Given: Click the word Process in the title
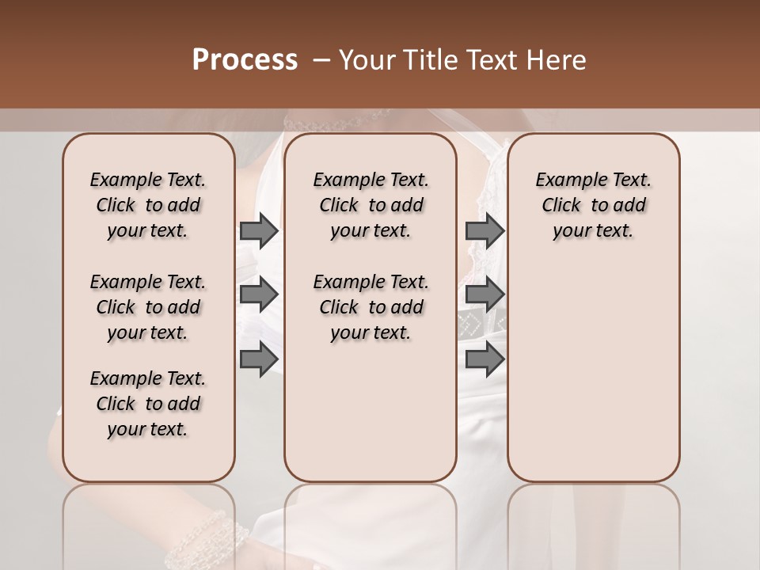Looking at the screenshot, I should [245, 60].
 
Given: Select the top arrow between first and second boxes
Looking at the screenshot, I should [258, 230].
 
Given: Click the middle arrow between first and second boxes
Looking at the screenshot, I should [258, 294].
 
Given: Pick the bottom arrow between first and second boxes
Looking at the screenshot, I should [258, 359].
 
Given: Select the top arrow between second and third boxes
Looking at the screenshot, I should [484, 230].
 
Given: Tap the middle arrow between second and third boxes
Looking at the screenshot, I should [484, 294].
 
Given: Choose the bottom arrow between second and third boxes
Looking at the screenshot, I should [484, 359].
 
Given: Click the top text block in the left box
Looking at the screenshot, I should [148, 205].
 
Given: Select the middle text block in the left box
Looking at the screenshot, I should [148, 307].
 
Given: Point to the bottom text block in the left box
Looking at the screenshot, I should [148, 404].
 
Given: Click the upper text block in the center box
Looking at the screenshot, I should [370, 205].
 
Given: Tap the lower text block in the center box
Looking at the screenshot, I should [370, 307].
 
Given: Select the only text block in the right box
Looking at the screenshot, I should [594, 205].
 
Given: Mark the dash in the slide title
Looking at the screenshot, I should [321, 60].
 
